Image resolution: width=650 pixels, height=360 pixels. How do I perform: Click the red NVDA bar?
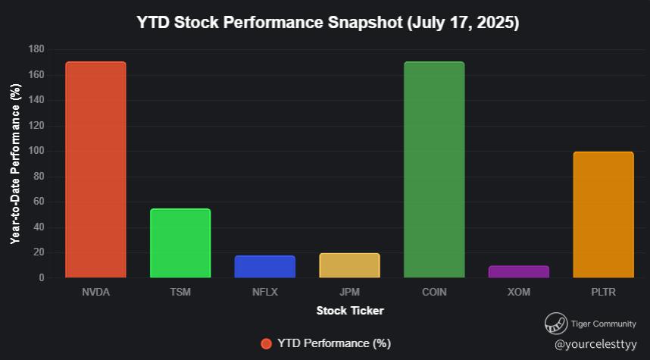[x=95, y=170]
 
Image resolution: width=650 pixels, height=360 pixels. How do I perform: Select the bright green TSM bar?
[x=180, y=243]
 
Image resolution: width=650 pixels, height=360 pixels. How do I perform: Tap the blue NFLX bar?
[x=265, y=267]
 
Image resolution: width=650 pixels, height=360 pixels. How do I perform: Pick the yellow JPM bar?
[x=349, y=265]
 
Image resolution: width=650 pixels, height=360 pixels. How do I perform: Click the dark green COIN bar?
[x=434, y=170]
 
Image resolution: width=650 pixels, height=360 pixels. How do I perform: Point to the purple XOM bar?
[x=519, y=271]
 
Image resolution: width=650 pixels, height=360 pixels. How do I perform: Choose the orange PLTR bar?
[x=604, y=214]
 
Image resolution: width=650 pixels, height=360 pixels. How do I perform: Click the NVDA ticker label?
[x=95, y=292]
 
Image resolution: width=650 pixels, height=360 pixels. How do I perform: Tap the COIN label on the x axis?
[x=434, y=292]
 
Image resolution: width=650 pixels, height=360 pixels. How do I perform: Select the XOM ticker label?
[x=519, y=292]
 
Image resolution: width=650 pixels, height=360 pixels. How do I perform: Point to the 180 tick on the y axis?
[x=36, y=49]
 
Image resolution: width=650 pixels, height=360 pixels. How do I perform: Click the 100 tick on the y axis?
[x=36, y=151]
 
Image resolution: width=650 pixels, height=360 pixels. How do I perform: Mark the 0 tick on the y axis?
[x=42, y=278]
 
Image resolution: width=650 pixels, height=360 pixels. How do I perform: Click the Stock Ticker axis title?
[x=350, y=311]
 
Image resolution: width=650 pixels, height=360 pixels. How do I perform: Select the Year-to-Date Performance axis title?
[x=15, y=164]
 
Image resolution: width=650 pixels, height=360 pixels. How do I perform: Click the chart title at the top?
[x=328, y=23]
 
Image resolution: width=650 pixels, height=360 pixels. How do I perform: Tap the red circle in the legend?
[x=266, y=344]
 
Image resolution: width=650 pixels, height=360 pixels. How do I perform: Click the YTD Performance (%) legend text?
[x=334, y=343]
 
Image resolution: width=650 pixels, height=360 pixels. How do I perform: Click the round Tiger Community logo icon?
[x=556, y=324]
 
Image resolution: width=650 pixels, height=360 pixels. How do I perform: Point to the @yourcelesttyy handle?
[x=595, y=344]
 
